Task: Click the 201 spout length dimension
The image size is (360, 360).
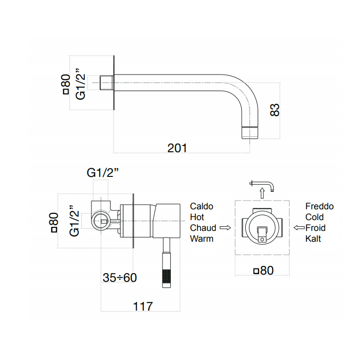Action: click(177, 148)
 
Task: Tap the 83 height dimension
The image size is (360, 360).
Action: click(275, 110)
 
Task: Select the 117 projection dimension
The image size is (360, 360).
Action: click(142, 307)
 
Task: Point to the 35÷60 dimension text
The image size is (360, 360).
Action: click(120, 278)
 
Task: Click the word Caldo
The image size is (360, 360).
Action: click(202, 206)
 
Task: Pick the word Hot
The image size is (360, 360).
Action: click(197, 217)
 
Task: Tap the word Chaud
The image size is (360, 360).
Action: click(203, 228)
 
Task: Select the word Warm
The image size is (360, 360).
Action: click(202, 239)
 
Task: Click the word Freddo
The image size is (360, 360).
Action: click(319, 206)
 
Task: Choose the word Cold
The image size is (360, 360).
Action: click(315, 217)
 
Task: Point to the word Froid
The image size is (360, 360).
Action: click(315, 228)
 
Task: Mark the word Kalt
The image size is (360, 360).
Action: click(313, 239)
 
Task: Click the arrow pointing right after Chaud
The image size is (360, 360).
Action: click(224, 227)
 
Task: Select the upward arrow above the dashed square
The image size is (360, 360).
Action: click(262, 193)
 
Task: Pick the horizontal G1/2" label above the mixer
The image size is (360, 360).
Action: click(102, 173)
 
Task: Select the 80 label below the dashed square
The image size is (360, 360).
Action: click(263, 270)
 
